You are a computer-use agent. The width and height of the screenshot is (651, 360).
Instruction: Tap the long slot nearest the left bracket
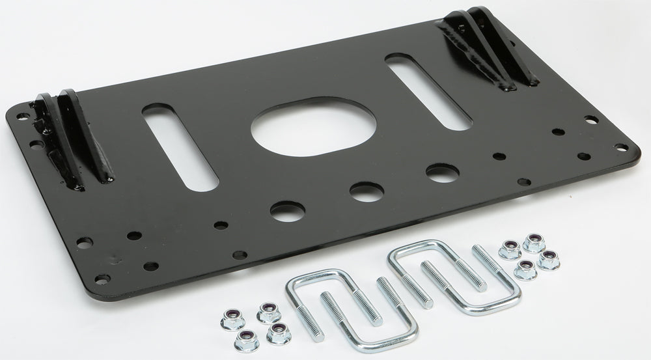(180, 146)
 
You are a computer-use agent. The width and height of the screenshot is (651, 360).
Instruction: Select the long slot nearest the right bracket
(428, 91)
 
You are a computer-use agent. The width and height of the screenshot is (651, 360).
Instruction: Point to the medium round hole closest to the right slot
(442, 173)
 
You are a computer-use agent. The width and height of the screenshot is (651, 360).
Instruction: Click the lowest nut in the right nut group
(524, 269)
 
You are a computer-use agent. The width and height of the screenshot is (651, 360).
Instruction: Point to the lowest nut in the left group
(246, 338)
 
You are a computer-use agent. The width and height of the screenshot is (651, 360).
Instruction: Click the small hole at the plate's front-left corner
(102, 278)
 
